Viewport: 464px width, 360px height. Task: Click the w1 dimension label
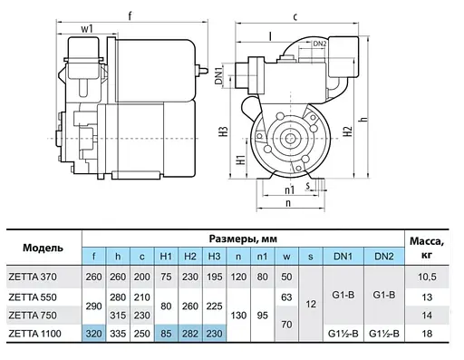(87, 29)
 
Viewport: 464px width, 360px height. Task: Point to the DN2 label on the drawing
(320, 44)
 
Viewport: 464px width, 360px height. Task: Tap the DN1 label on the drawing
(218, 76)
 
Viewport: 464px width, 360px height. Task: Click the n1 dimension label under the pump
(289, 190)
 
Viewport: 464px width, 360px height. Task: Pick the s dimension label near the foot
(307, 185)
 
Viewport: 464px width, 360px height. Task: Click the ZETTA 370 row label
(33, 277)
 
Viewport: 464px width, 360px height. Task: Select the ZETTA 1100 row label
(34, 334)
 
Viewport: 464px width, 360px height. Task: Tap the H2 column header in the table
(190, 257)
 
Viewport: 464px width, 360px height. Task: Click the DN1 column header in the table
(343, 257)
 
